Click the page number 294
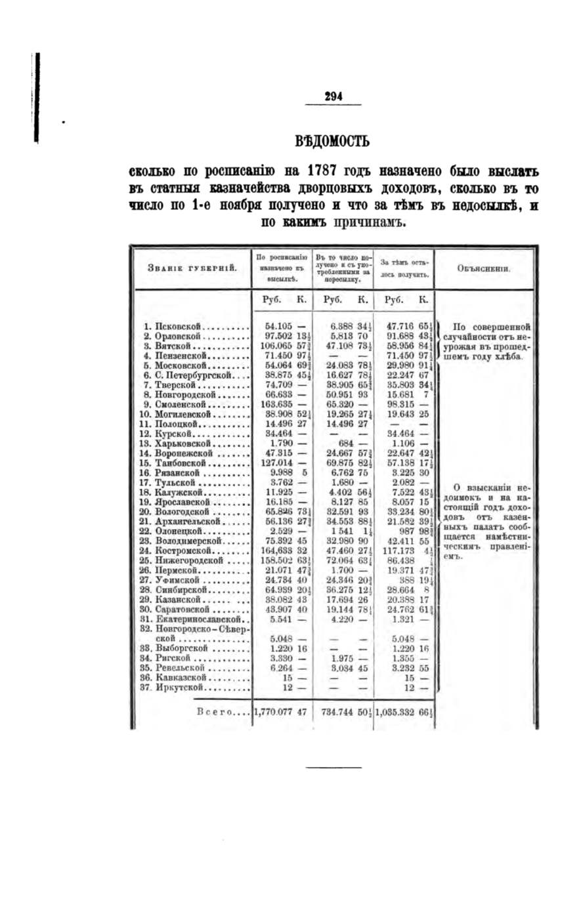click(x=333, y=96)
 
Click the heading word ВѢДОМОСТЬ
click(x=333, y=140)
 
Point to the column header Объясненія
click(x=484, y=268)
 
